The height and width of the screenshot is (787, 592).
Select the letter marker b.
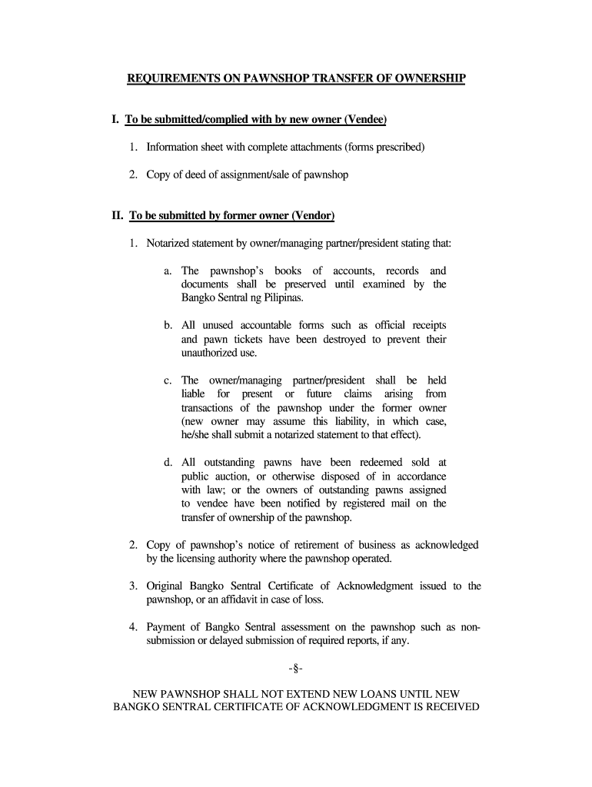(168, 325)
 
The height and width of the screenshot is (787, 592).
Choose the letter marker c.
(168, 380)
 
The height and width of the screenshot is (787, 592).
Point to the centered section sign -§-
(297, 669)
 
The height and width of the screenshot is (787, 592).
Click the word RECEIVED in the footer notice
(447, 708)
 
